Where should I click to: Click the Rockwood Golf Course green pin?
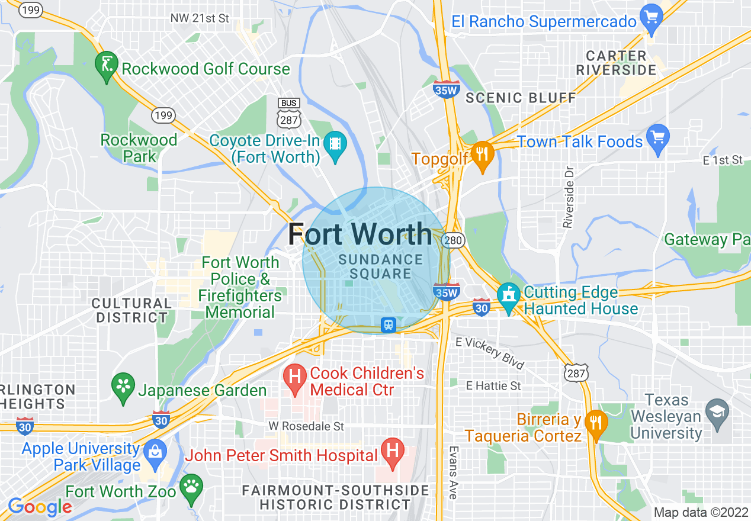[x=107, y=66]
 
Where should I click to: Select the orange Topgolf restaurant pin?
[x=483, y=156]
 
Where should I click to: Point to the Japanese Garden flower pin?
[x=123, y=387]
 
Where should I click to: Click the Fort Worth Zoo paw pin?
[x=191, y=488]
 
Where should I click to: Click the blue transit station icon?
[x=389, y=324]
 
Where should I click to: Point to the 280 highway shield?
[x=454, y=240]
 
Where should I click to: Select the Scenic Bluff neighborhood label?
[x=521, y=98]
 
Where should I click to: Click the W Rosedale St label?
[x=306, y=426]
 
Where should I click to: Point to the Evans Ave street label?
[x=453, y=472]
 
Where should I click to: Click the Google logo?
[x=40, y=507]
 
